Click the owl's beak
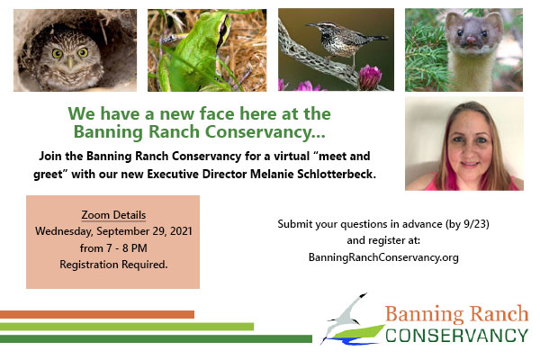pyautogui.click(x=70, y=62)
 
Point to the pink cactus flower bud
pyautogui.click(x=370, y=77)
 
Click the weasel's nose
pyautogui.click(x=471, y=40)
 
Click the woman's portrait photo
pyautogui.click(x=464, y=144)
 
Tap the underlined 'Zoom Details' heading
pyautogui.click(x=113, y=215)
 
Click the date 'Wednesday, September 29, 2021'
pyautogui.click(x=113, y=231)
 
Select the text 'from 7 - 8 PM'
pyautogui.click(x=113, y=248)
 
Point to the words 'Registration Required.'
pyautogui.click(x=113, y=265)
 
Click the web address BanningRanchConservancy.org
pyautogui.click(x=383, y=257)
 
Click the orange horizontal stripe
pyautogui.click(x=97, y=314)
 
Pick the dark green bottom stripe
pyautogui.click(x=156, y=338)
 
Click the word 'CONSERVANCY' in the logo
pyautogui.click(x=456, y=336)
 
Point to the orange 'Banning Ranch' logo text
pyautogui.click(x=456, y=314)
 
